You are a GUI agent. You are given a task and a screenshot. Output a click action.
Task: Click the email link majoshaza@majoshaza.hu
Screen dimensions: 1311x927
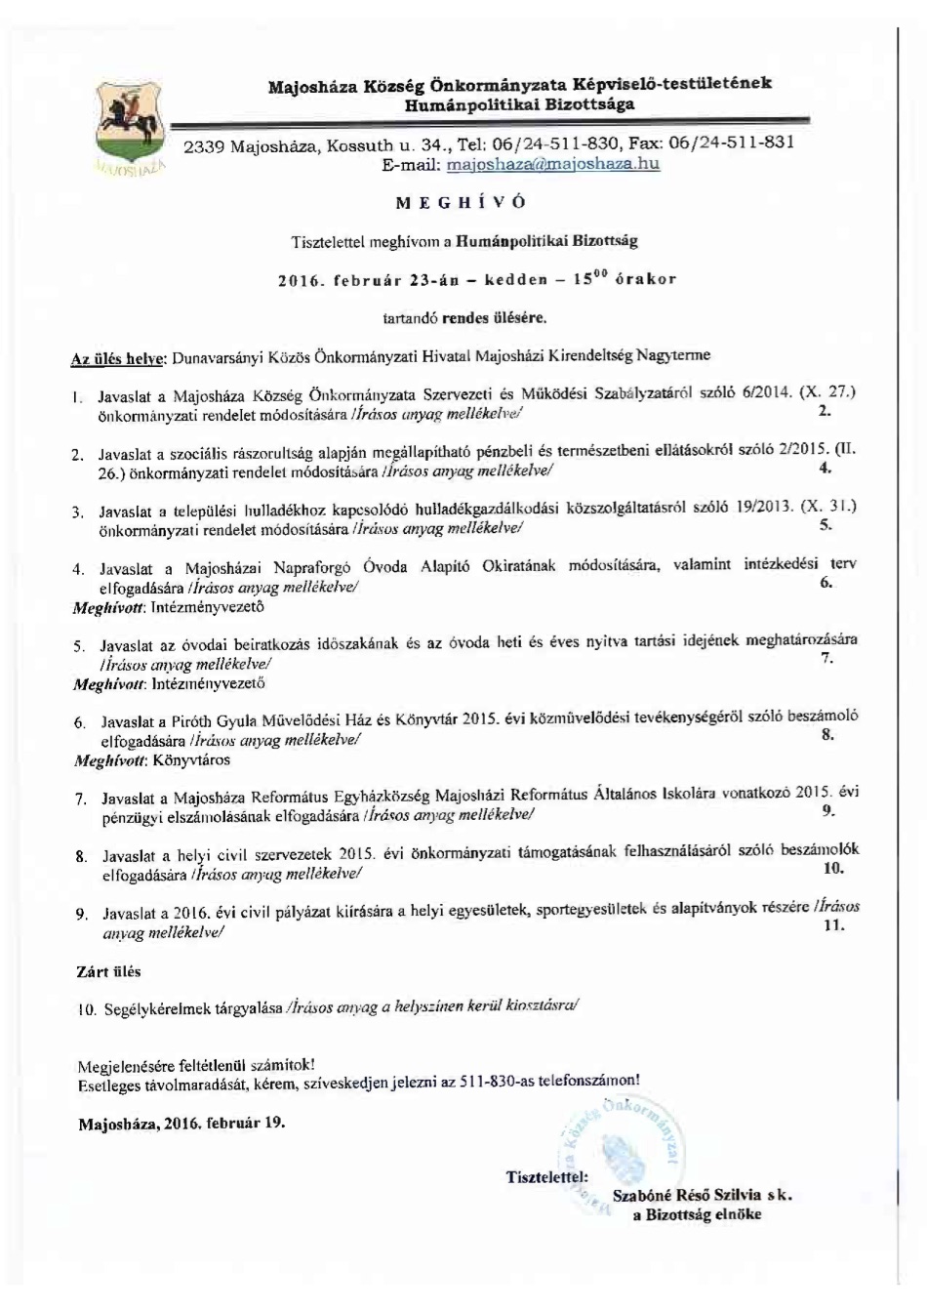pyautogui.click(x=552, y=164)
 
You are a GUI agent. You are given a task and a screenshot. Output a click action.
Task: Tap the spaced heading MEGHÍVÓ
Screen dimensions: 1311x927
pyautogui.click(x=462, y=202)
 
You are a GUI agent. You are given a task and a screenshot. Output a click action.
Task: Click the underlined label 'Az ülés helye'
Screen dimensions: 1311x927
pyautogui.click(x=120, y=358)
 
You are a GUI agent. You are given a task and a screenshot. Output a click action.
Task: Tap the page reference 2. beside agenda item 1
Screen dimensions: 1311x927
pyautogui.click(x=825, y=411)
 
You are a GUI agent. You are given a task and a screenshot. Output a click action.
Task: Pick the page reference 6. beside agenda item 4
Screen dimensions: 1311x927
pyautogui.click(x=826, y=583)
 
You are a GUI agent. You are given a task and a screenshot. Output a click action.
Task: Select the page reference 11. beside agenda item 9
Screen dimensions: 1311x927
pyautogui.click(x=832, y=924)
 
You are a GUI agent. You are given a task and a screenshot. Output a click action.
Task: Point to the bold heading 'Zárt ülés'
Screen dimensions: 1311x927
pyautogui.click(x=108, y=971)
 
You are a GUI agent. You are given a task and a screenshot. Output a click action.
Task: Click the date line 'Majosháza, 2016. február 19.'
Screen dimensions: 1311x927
pyautogui.click(x=181, y=1122)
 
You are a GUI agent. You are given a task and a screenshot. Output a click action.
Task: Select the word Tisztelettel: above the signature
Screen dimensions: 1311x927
pyautogui.click(x=546, y=1176)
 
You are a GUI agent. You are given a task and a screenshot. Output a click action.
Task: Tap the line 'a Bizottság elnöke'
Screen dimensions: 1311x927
pyautogui.click(x=697, y=1214)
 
